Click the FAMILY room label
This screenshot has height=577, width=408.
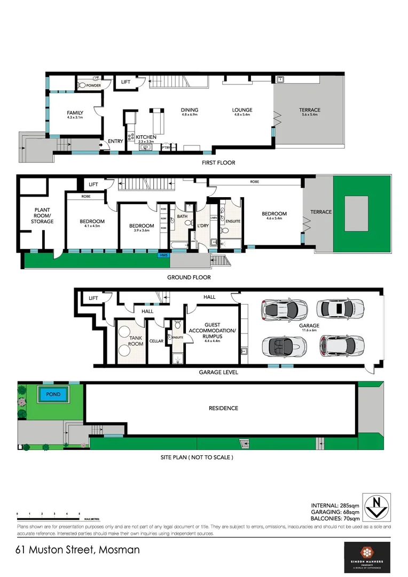(x=74, y=113)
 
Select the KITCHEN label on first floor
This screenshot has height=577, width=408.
(x=146, y=137)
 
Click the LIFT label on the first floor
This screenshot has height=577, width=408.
(x=126, y=82)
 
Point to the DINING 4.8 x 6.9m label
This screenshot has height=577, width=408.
(x=190, y=111)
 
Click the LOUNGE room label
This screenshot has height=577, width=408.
(x=242, y=111)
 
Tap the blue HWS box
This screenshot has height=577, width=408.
(x=163, y=255)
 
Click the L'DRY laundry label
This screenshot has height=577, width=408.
(x=202, y=226)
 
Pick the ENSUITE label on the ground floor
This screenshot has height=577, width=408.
(x=233, y=221)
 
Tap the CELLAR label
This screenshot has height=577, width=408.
(x=156, y=341)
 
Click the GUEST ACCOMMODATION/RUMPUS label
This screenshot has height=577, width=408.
(x=219, y=331)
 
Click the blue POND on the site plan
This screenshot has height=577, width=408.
(x=53, y=395)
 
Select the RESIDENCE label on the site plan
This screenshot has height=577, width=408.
(x=223, y=408)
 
